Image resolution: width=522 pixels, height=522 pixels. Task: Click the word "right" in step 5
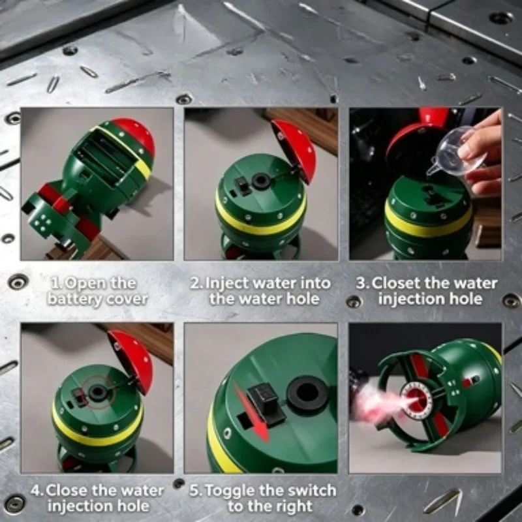coord(294,506)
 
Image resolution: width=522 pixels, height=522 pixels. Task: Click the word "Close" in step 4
coord(67,491)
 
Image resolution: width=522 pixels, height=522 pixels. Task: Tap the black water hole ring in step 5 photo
coord(307,395)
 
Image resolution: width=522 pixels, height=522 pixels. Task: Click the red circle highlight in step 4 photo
coord(97,392)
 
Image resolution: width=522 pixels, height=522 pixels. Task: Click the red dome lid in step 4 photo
coord(132,361)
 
